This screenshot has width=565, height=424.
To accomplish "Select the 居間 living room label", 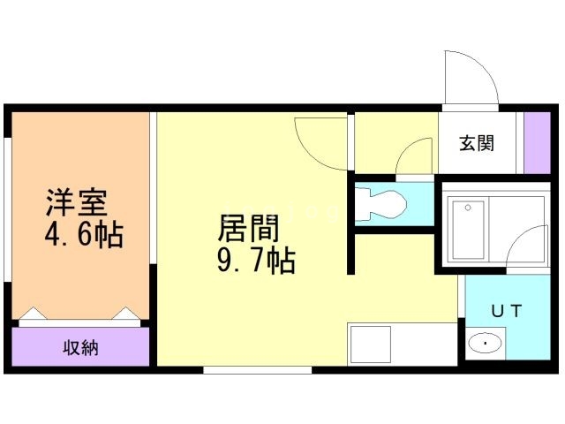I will point(249,230).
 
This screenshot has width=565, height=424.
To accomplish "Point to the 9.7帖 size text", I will point(254,261).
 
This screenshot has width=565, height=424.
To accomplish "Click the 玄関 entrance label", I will point(476,144).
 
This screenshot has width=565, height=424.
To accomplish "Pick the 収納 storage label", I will point(80,347).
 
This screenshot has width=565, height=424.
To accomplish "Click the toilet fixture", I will point(380,204).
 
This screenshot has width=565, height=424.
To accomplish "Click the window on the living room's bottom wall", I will point(257,369).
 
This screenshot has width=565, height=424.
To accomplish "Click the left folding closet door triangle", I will point(33,314).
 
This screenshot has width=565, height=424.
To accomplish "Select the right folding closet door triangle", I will point(125,314).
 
